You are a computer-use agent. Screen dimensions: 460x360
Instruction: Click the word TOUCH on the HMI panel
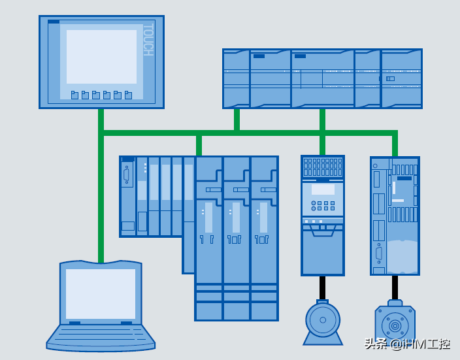click(x=148, y=40)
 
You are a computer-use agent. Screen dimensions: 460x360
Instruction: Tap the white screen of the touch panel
click(x=101, y=57)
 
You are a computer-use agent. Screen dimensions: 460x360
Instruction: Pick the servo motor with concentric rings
click(x=395, y=325)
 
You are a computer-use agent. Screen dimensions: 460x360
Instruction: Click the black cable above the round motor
click(x=323, y=287)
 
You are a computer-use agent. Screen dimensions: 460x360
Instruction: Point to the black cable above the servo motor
click(x=395, y=287)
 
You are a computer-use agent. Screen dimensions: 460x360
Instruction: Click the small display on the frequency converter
click(x=323, y=189)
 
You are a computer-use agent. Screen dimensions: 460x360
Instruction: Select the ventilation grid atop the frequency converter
click(x=323, y=167)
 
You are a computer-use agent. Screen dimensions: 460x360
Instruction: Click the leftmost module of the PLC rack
click(x=236, y=79)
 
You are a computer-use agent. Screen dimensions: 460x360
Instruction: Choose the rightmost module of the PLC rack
click(x=401, y=79)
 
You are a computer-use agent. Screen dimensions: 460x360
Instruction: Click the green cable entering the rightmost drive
click(x=395, y=145)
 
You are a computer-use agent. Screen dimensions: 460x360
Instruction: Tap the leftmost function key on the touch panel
click(x=74, y=95)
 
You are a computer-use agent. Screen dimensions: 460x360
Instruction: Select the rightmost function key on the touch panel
click(x=128, y=95)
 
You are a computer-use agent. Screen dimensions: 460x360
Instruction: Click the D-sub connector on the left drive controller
click(x=127, y=175)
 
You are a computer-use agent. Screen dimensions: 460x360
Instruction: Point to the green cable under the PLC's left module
click(x=237, y=120)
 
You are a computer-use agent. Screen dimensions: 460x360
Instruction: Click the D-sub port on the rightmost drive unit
click(x=378, y=254)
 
